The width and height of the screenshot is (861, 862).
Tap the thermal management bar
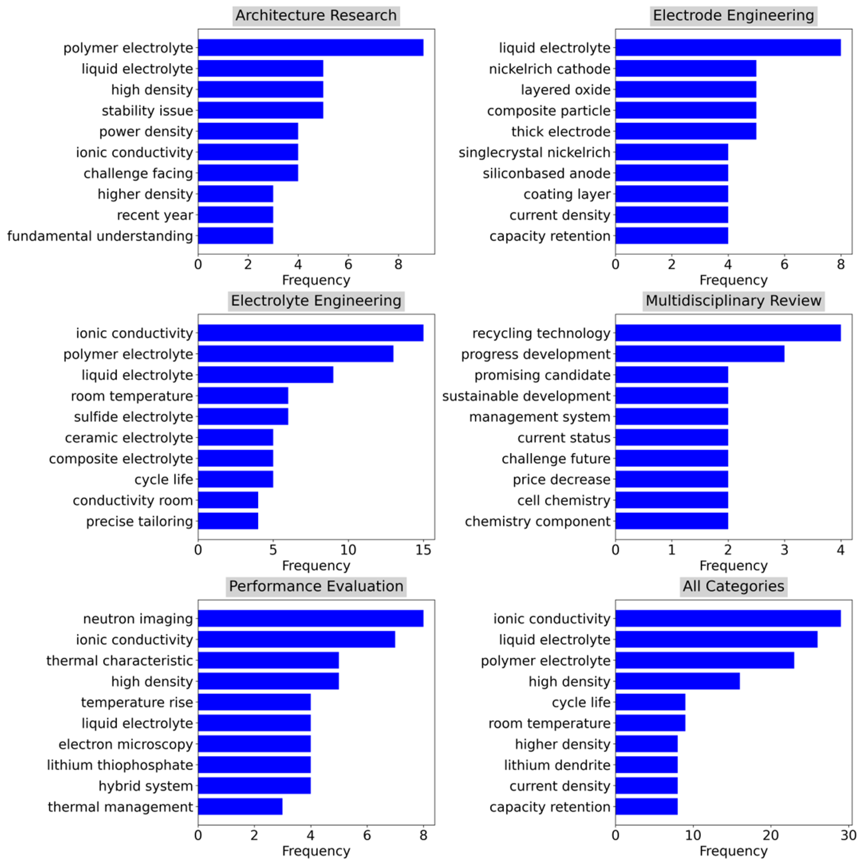click(240, 807)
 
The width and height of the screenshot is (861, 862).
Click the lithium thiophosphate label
click(120, 765)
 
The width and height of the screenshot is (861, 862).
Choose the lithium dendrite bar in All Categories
click(646, 765)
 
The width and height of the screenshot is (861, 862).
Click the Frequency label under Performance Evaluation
click(316, 851)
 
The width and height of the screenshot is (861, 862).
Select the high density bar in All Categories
click(677, 681)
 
